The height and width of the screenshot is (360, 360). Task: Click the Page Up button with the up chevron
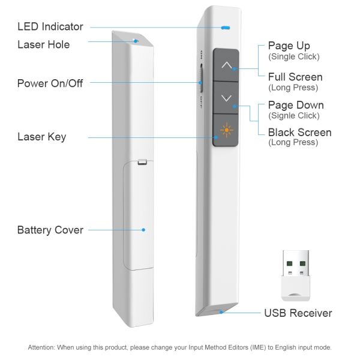226,64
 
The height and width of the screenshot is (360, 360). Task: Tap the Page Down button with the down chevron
226,97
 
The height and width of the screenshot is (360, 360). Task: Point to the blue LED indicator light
226,28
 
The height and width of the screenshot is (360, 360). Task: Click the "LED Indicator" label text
50,27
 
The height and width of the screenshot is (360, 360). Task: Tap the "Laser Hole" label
43,44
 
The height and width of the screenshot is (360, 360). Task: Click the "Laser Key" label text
41,137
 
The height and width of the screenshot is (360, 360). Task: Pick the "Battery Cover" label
50,230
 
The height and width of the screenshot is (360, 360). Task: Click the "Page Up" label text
289,46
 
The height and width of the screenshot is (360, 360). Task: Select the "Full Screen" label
295,77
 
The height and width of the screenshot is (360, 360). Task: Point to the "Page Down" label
296,106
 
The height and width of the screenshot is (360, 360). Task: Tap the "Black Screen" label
299,132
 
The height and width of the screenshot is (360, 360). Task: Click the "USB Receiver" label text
298,313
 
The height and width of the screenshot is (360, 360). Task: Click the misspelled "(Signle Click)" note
294,116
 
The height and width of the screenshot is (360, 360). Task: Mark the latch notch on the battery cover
142,161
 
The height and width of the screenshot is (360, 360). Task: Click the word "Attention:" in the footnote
44,347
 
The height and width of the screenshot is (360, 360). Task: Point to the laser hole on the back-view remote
136,41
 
